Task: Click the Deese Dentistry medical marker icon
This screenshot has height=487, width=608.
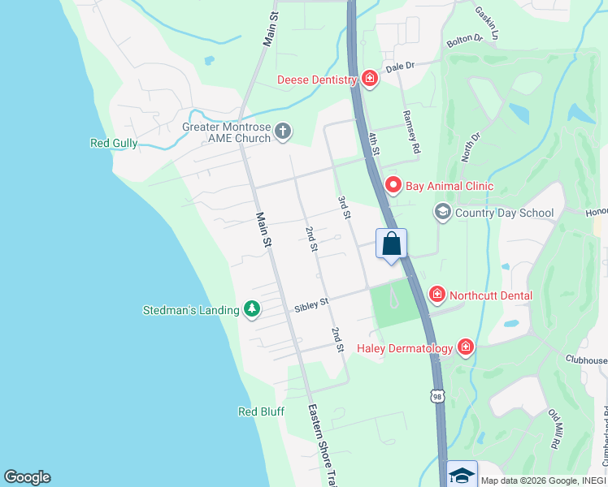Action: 370,79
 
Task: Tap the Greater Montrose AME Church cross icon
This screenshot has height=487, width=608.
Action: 283,131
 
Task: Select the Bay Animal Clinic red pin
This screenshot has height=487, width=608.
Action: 393,186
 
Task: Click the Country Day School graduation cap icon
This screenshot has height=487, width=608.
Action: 442,213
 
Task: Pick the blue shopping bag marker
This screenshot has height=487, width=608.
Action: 391,243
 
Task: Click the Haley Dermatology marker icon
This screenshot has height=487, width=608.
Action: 466,348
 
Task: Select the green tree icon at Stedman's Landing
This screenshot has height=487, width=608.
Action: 252,309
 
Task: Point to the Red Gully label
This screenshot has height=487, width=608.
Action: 113,144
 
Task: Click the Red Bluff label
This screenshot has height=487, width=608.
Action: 261,412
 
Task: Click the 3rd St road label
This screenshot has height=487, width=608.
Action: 345,207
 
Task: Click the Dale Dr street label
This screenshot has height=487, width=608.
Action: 400,67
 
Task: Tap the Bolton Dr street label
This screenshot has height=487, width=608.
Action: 464,38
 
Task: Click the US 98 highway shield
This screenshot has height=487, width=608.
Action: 438,395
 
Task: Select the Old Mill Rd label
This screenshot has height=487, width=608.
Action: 554,429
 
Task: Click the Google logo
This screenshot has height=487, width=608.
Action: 27,477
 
